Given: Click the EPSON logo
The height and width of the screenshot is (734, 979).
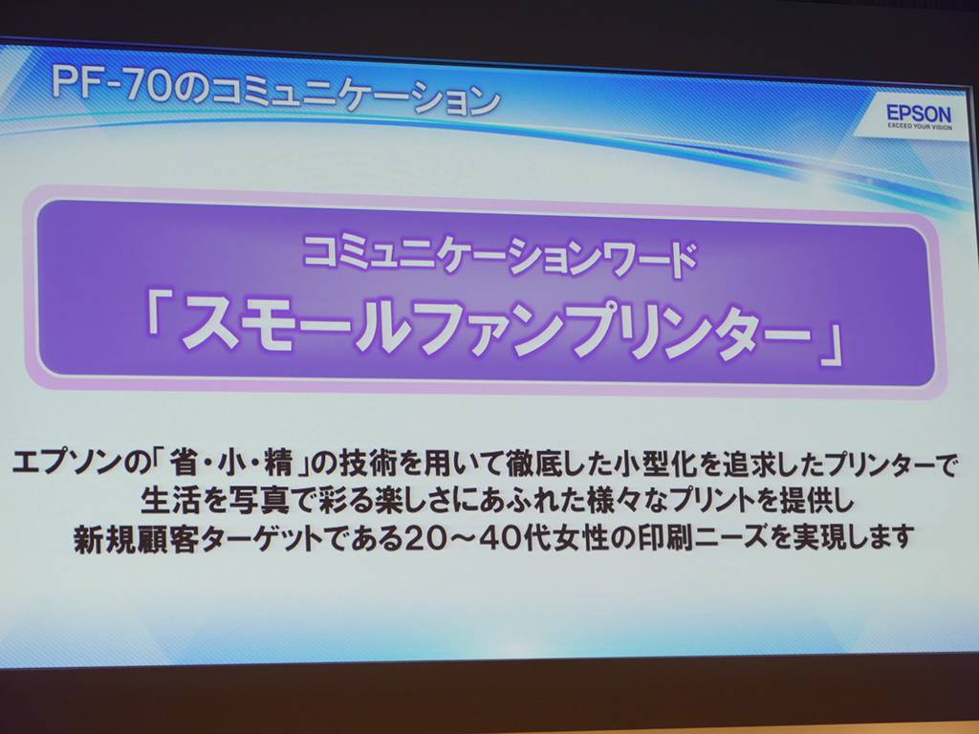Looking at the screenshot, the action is pyautogui.click(x=919, y=115).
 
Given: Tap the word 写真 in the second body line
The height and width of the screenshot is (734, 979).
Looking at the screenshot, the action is pyautogui.click(x=260, y=500).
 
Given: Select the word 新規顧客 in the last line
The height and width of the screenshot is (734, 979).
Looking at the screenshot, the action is pyautogui.click(x=132, y=537).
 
